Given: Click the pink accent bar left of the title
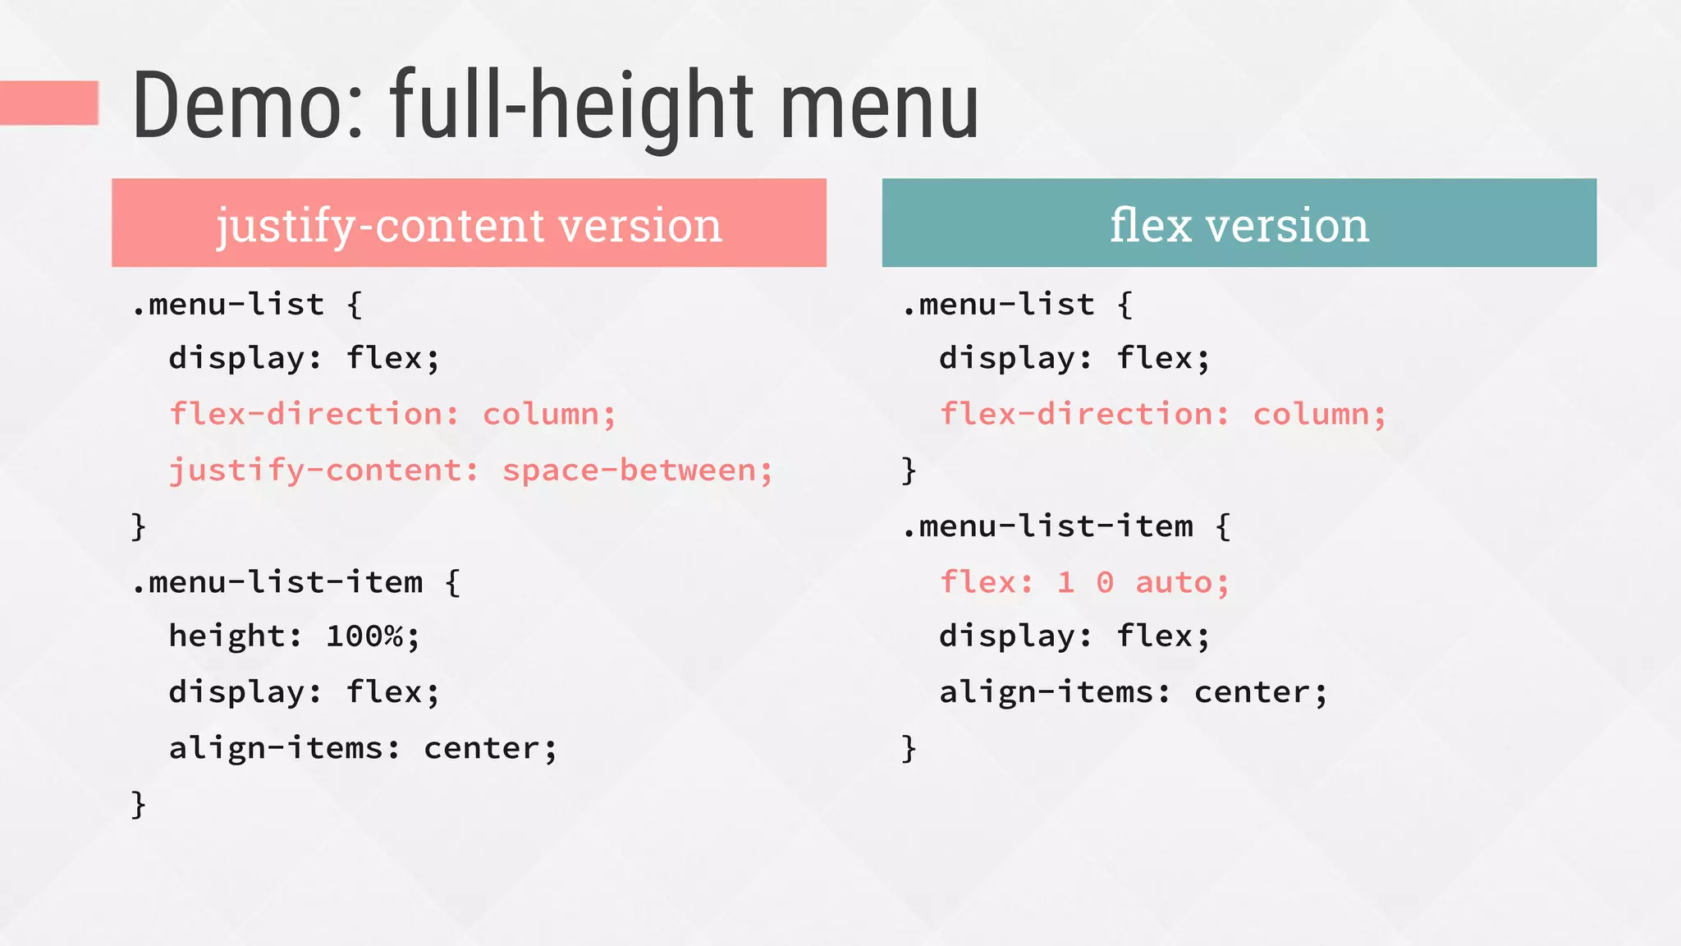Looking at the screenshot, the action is tap(49, 103).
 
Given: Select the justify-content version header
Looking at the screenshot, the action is tap(469, 223).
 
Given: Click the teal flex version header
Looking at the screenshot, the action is tap(1239, 223).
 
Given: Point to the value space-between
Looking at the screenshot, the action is tap(637, 471).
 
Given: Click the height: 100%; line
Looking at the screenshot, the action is tap(294, 636).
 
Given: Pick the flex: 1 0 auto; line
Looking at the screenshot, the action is tap(1083, 582).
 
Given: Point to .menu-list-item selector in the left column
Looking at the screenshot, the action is tap(277, 582).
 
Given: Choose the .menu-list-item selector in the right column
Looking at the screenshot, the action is tap(1048, 526).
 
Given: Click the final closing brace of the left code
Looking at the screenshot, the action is tap(139, 804).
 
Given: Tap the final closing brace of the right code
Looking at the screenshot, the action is tap(909, 748).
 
